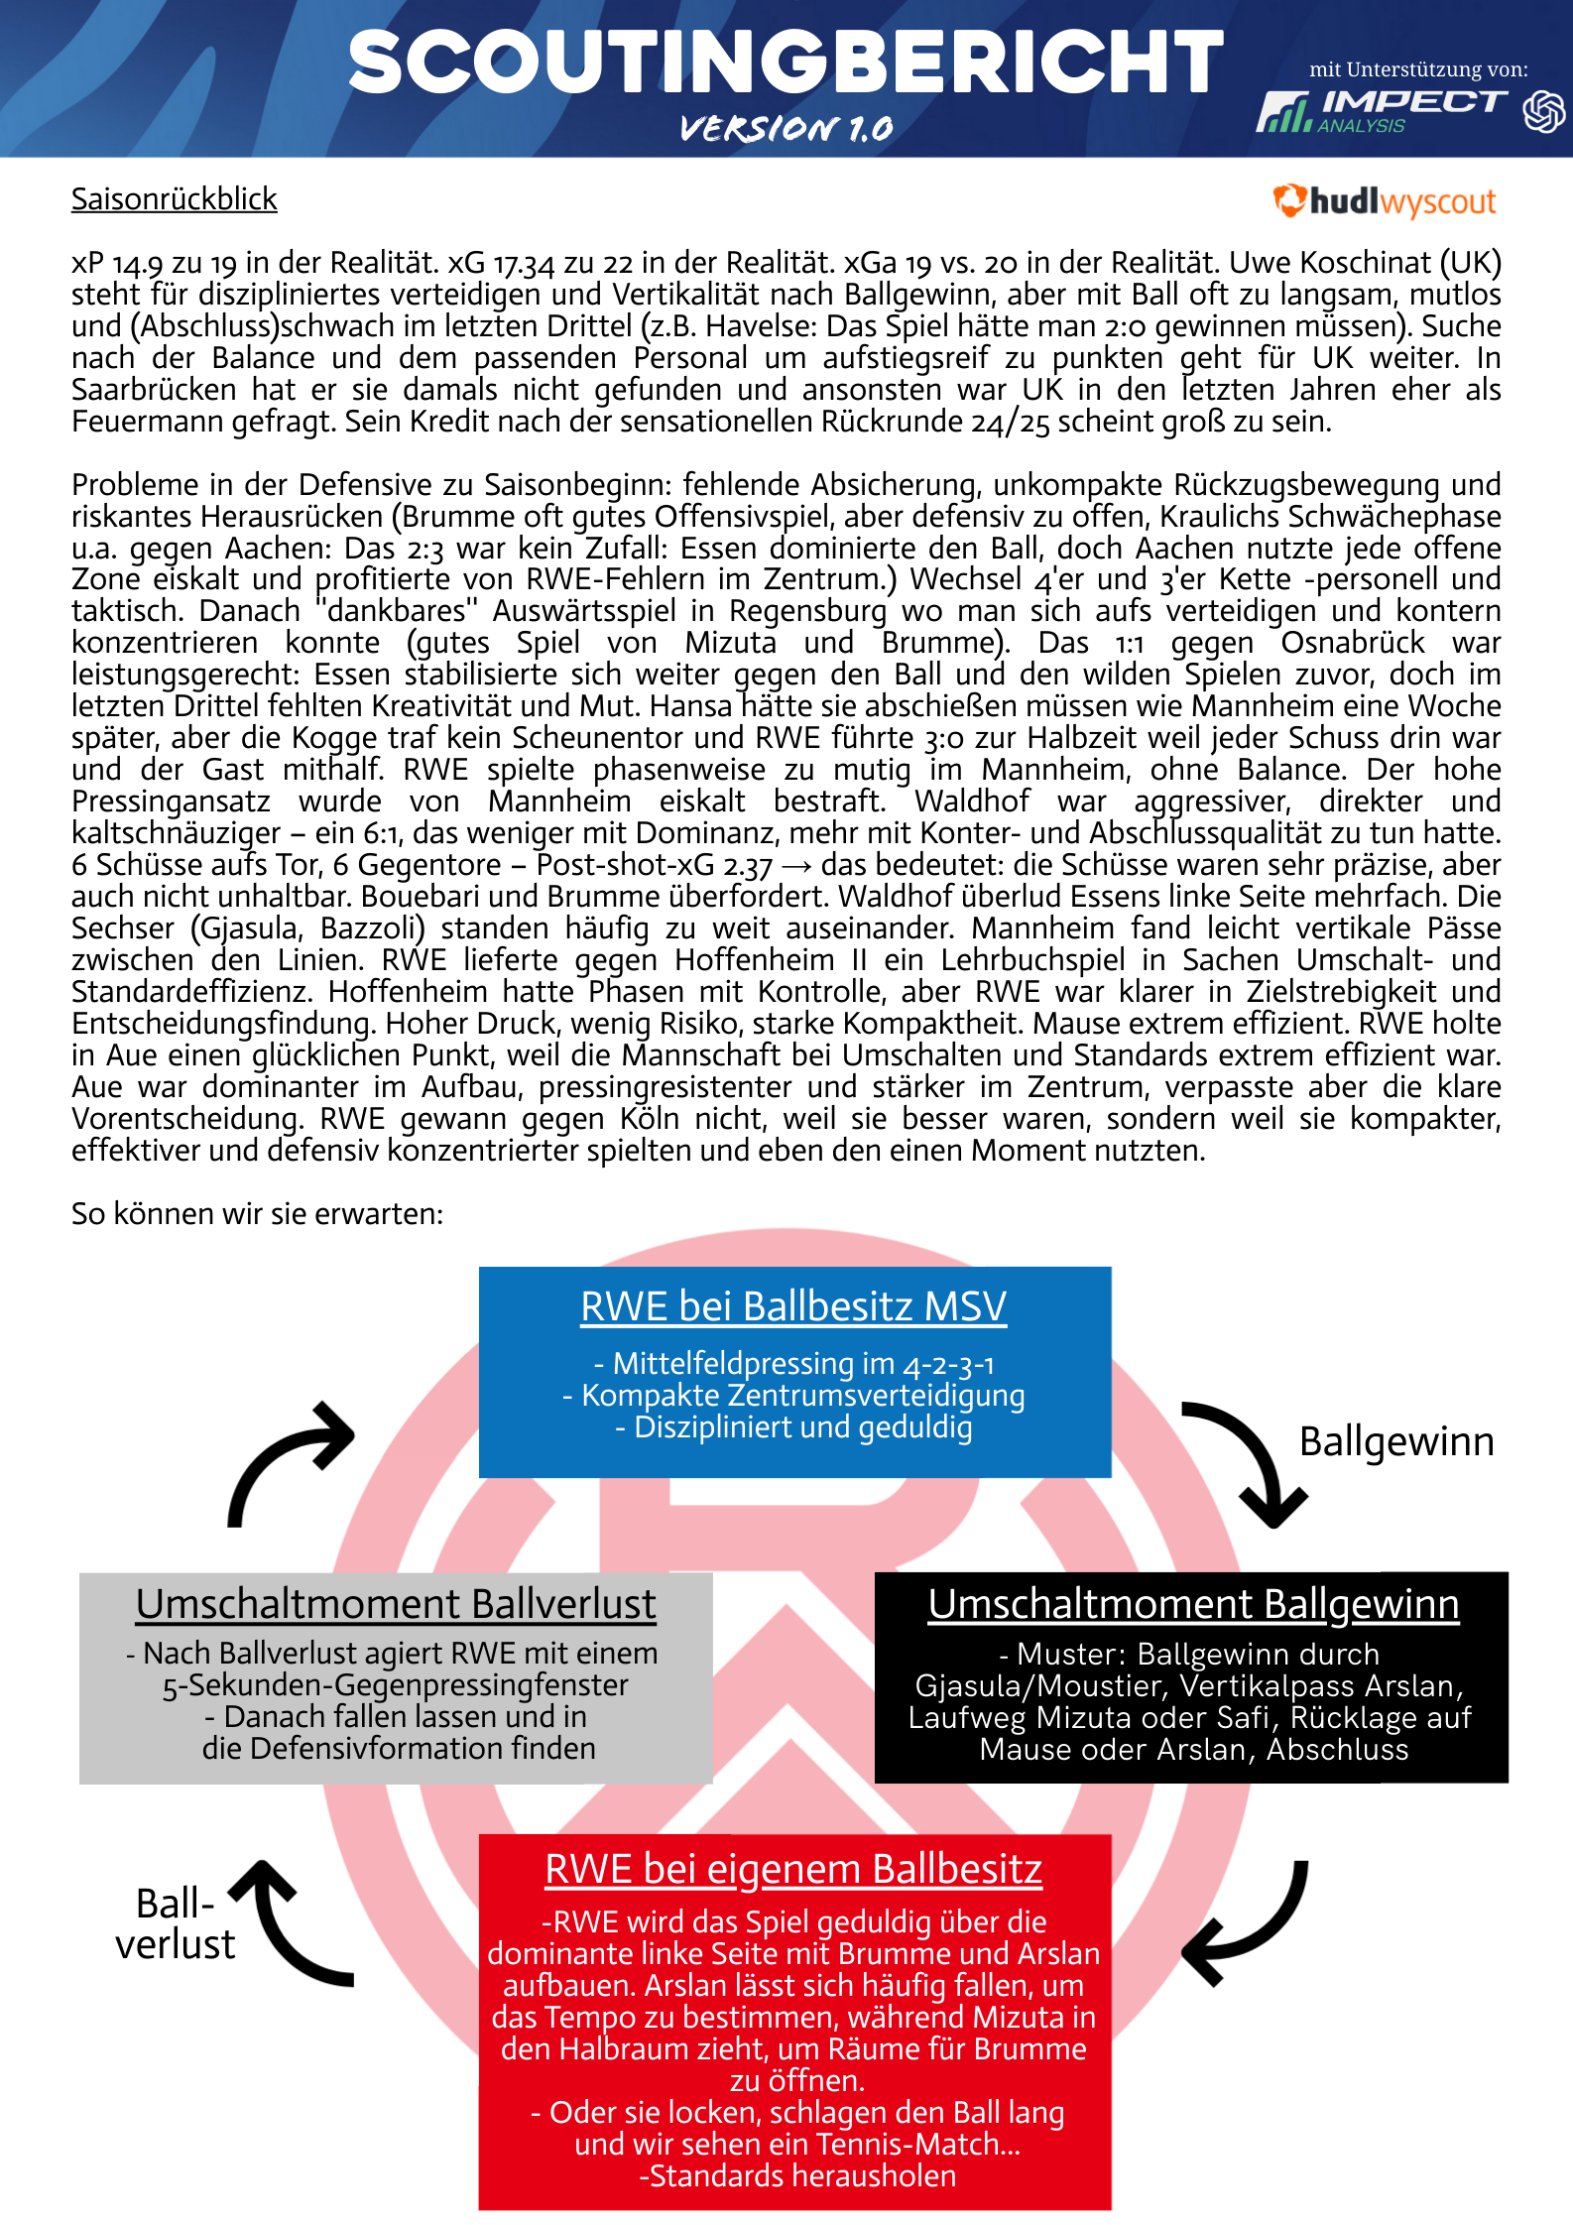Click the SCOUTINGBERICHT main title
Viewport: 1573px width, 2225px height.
point(786,62)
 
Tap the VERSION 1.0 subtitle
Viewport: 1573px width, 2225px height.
point(786,128)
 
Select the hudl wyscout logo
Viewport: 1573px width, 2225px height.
point(1385,201)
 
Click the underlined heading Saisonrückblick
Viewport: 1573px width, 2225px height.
point(175,199)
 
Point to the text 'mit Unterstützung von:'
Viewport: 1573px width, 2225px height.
point(1417,69)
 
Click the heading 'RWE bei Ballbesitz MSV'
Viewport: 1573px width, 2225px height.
point(793,1306)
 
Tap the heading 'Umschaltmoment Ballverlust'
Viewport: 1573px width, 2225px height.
point(396,1604)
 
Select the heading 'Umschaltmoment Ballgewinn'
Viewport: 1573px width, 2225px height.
point(1193,1604)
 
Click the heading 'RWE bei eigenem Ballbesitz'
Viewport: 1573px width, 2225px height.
point(793,1869)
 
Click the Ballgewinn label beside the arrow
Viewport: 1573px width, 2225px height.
point(1396,1441)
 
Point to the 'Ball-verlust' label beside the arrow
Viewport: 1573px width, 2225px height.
point(176,1924)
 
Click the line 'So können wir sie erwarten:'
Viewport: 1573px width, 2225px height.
point(257,1213)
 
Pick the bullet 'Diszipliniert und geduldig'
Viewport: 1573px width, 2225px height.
point(793,1427)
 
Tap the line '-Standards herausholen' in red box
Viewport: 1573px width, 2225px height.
point(797,2176)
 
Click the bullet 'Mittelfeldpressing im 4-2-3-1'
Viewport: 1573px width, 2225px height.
point(793,1364)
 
